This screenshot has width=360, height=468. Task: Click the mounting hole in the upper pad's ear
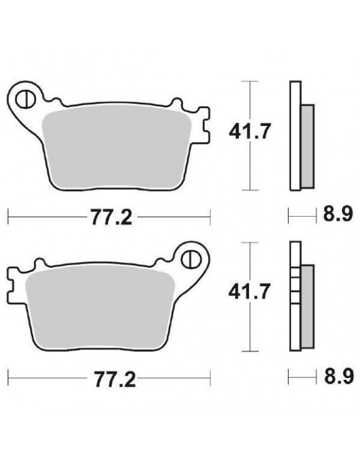tap(27, 98)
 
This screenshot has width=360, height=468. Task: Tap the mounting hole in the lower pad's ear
tap(192, 258)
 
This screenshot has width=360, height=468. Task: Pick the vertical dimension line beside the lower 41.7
tap(250, 323)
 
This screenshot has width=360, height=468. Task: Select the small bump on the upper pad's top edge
tap(177, 101)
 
